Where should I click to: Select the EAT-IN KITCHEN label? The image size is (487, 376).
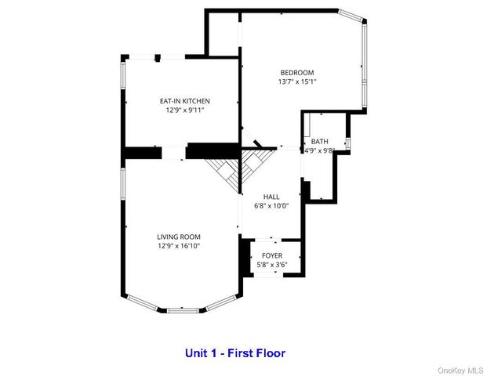coord(184,101)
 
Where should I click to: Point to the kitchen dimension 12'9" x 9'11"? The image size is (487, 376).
coord(184,110)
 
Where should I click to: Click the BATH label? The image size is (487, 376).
coord(319,141)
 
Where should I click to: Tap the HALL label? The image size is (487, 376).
coord(271,197)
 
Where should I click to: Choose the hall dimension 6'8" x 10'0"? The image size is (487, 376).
coord(271,206)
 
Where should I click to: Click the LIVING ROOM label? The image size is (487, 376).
coord(179,237)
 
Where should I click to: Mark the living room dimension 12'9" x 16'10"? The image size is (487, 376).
coord(179,246)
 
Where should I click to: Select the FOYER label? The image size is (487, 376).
coord(271,256)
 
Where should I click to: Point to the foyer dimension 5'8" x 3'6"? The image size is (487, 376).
coord(271,266)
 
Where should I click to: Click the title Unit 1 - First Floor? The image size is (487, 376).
coord(235,352)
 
